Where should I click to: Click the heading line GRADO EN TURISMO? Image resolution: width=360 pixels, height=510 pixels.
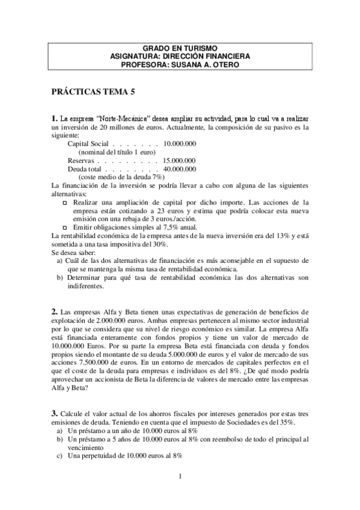click(x=180, y=48)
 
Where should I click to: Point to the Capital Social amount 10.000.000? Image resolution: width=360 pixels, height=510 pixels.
click(x=179, y=144)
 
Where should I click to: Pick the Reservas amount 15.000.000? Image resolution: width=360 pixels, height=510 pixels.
click(x=179, y=161)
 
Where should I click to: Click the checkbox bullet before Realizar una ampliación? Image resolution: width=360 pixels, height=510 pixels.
click(x=66, y=203)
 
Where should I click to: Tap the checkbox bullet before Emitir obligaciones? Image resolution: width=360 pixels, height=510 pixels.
click(x=66, y=227)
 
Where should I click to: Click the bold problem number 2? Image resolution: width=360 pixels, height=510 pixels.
click(x=54, y=311)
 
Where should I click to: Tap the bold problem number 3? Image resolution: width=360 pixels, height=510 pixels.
click(x=54, y=413)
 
